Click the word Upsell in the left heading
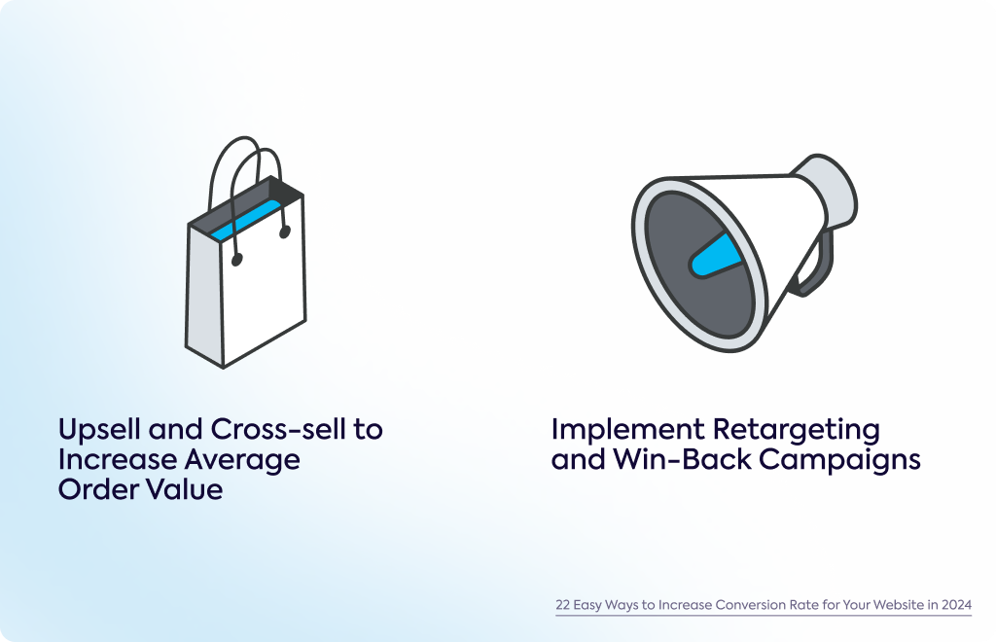click(100, 430)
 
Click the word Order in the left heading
click(92, 489)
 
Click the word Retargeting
click(797, 430)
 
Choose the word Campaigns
click(839, 460)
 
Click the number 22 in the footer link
click(563, 604)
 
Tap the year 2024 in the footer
click(957, 604)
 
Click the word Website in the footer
click(898, 604)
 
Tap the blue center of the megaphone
click(716, 255)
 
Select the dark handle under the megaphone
click(816, 267)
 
